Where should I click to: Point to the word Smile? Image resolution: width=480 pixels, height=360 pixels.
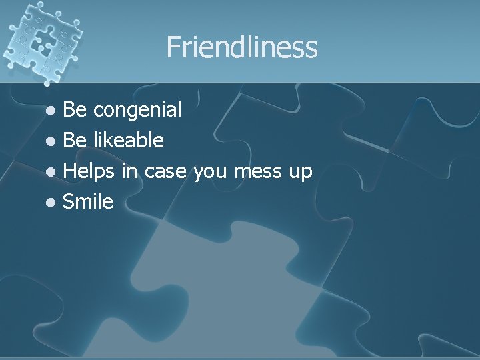tap(88, 201)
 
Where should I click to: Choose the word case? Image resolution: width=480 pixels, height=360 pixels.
tap(166, 171)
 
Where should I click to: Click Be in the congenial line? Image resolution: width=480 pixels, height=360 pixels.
tap(73, 109)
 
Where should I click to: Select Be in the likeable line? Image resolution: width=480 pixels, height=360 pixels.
tap(73, 140)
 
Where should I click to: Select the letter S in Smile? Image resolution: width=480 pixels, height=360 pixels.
tap(68, 201)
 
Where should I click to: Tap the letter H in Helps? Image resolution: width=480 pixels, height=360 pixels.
tap(69, 171)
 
